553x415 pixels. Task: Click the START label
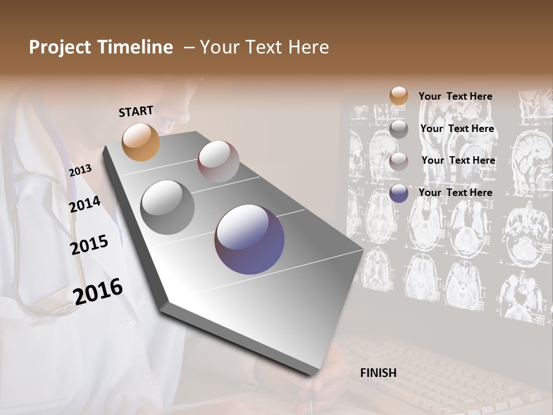pyautogui.click(x=136, y=111)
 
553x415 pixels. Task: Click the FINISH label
pyautogui.click(x=378, y=373)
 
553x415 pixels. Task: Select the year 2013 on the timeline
pyautogui.click(x=80, y=171)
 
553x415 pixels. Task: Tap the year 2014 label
pyautogui.click(x=85, y=204)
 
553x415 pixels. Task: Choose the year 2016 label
pyautogui.click(x=98, y=291)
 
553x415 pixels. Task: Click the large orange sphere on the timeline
pyautogui.click(x=141, y=142)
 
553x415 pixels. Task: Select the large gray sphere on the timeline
pyautogui.click(x=167, y=207)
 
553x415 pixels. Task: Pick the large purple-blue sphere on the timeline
pyautogui.click(x=249, y=239)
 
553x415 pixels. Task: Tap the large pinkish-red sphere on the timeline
pyautogui.click(x=218, y=161)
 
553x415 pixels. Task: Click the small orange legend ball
pyautogui.click(x=399, y=96)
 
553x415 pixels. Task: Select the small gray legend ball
pyautogui.click(x=399, y=129)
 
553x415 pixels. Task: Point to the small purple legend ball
pyautogui.click(x=399, y=193)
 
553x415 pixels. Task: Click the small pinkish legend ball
pyautogui.click(x=399, y=161)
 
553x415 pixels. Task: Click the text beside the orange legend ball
pyautogui.click(x=455, y=96)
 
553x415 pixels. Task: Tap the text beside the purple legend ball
pyautogui.click(x=455, y=193)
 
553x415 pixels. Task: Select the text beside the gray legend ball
pyautogui.click(x=457, y=129)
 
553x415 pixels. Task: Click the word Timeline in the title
pyautogui.click(x=137, y=47)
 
